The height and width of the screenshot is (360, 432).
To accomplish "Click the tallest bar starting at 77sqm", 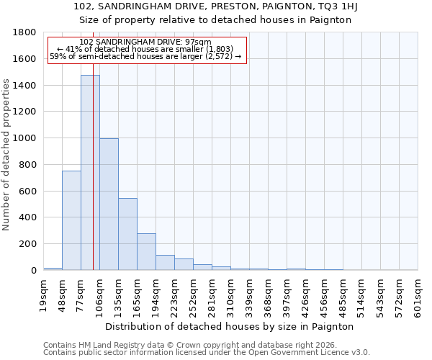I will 90,173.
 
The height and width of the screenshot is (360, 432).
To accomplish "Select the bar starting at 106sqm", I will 109,204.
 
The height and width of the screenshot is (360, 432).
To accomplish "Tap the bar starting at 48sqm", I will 71,220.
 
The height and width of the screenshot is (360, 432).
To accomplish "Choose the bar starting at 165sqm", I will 146,252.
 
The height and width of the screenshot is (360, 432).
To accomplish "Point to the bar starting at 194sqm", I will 165,263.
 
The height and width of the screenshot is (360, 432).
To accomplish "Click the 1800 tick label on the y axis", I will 24,32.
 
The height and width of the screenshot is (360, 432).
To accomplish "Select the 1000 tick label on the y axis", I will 24,138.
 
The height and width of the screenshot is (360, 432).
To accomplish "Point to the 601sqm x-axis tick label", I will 418,295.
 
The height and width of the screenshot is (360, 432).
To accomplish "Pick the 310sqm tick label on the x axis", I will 231,295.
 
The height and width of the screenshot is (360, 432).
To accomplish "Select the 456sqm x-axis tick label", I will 325,295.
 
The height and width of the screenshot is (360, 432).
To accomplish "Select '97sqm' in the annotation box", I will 197,42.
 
